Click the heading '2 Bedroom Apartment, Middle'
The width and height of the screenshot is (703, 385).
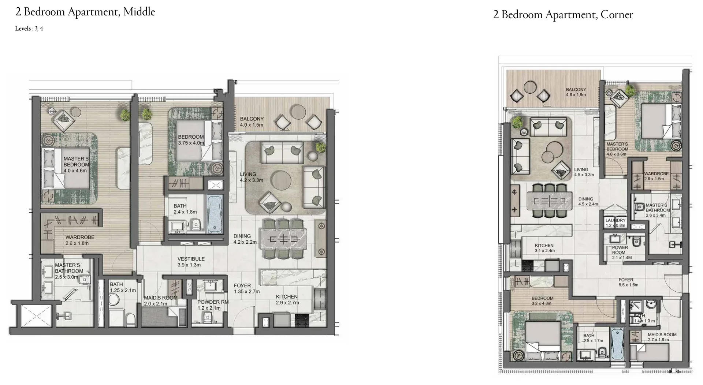point(85,12)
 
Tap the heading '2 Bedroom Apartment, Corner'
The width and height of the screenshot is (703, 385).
point(563,15)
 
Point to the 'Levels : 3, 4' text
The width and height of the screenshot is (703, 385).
point(29,29)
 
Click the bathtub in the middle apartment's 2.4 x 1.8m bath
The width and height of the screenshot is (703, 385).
point(215,214)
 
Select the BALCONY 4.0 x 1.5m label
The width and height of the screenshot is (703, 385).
point(252,122)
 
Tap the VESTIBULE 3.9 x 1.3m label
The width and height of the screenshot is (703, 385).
point(191,262)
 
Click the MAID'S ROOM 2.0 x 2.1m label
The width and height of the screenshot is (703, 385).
point(160,300)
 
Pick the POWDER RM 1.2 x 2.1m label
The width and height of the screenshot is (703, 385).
point(213,305)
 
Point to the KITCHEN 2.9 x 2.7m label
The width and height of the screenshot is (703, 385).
point(287,299)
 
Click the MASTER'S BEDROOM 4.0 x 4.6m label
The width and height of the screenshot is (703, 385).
point(76,165)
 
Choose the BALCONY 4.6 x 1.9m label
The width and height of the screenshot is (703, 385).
point(576,92)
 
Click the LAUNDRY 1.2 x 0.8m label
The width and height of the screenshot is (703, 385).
point(615,223)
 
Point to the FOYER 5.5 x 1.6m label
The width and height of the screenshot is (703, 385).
point(628,282)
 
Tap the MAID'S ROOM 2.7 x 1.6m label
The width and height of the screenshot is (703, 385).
point(662,337)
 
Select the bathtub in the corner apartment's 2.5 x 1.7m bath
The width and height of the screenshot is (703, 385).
point(617,344)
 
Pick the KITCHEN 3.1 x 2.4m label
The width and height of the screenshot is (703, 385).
point(544,248)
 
